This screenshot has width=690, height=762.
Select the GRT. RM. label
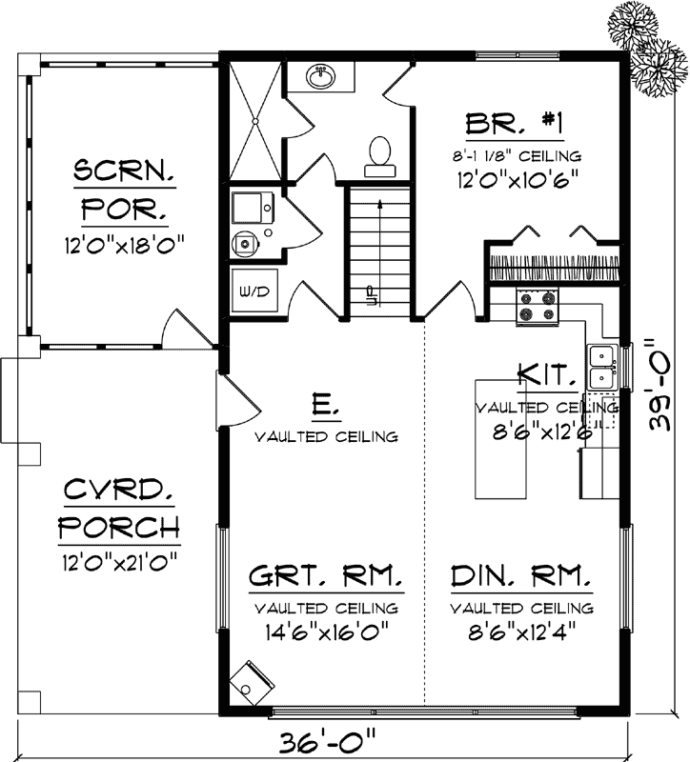(326, 578)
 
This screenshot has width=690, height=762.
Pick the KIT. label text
(546, 374)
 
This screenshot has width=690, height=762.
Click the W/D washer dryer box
(254, 290)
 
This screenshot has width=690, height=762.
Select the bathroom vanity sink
(320, 73)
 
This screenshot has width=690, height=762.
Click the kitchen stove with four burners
(536, 307)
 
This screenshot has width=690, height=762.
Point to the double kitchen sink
(601, 367)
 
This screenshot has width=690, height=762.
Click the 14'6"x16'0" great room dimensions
(326, 631)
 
